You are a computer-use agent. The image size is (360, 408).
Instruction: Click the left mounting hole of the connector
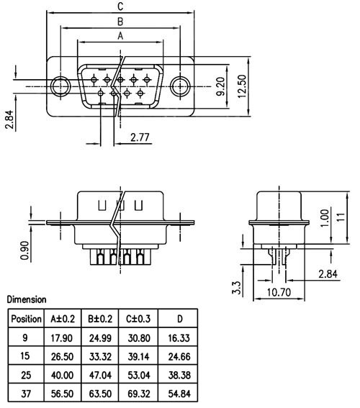62,86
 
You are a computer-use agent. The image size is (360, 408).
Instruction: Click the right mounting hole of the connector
180,86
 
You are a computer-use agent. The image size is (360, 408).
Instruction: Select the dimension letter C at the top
121,7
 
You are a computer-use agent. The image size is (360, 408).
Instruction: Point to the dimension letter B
121,21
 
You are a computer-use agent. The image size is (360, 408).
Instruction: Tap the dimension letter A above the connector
121,35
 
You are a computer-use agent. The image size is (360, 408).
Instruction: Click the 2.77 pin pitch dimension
140,137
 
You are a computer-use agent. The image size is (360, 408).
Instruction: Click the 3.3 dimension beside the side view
235,288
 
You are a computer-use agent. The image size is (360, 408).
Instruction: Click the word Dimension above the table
26,299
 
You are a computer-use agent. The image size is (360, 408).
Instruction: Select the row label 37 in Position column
26,394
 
